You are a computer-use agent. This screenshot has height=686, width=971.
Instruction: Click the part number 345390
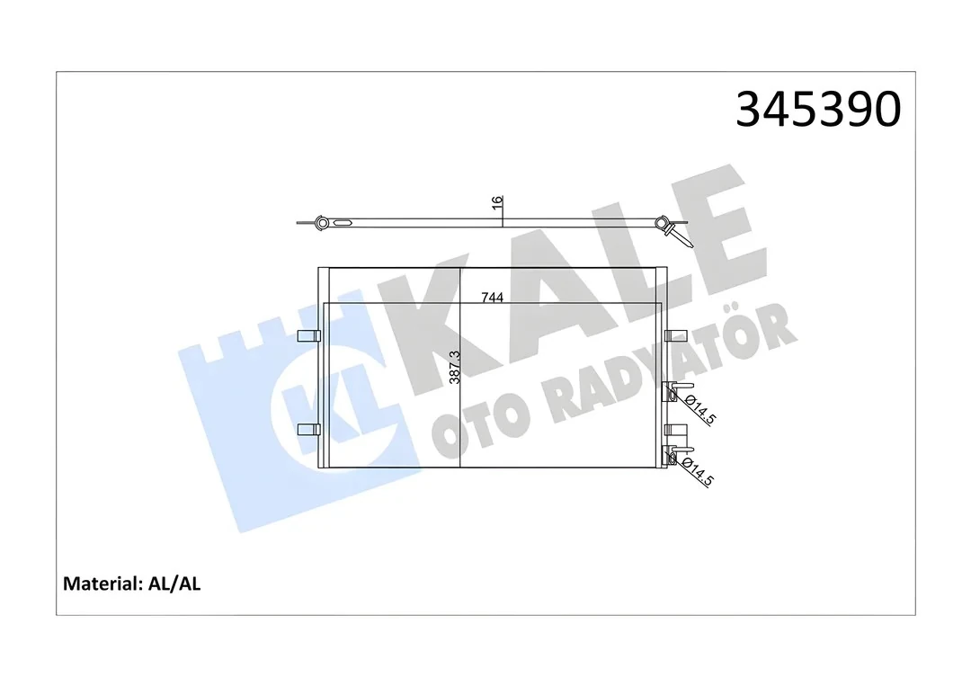click(x=817, y=110)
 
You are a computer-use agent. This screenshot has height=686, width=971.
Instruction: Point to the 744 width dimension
click(x=492, y=297)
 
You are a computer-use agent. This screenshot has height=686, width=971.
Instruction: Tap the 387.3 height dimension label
click(x=455, y=367)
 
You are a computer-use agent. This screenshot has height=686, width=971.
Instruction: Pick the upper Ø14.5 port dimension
click(x=699, y=408)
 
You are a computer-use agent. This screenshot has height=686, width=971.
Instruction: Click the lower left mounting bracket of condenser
click(x=308, y=429)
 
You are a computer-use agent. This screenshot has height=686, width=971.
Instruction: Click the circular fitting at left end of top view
click(x=321, y=221)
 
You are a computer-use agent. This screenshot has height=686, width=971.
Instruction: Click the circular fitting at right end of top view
click(x=662, y=223)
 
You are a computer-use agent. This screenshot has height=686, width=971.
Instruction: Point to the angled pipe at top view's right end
click(x=681, y=236)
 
